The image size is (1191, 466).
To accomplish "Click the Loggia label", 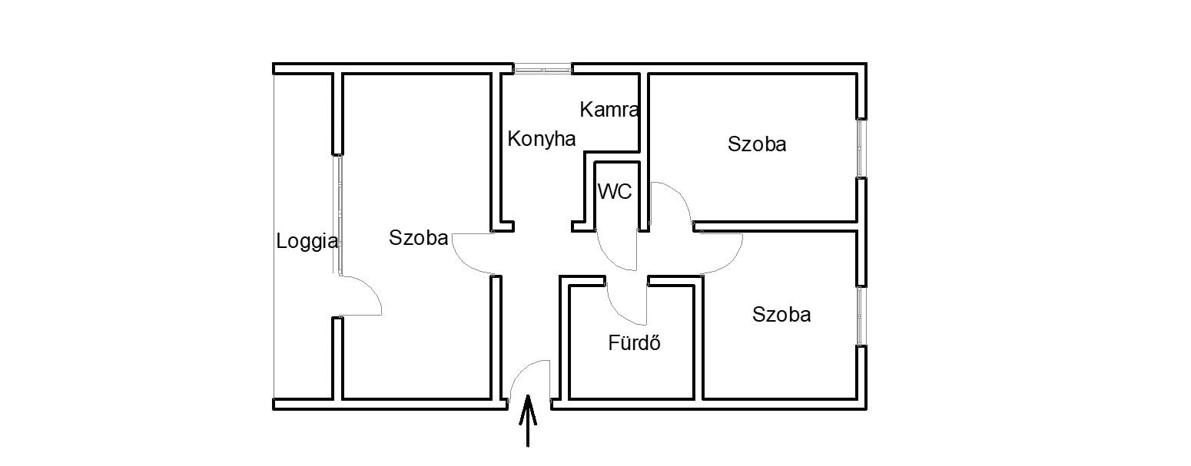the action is [307, 242].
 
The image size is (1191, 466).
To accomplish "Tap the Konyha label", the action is [541, 139].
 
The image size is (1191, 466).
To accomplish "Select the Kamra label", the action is [609, 110].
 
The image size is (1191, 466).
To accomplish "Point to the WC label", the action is [615, 191].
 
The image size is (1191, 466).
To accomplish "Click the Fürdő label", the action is [635, 342].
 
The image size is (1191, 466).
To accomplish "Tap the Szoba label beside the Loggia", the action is [419, 237].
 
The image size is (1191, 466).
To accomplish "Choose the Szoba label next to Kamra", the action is [757, 144].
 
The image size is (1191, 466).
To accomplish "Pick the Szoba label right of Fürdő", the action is [781, 315].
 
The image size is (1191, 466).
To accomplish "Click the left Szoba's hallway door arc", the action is [462, 262].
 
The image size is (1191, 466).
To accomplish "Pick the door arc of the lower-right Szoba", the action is [733, 262].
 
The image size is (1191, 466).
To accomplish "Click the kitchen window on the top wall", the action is [542, 68].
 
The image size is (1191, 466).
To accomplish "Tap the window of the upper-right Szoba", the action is [861, 147].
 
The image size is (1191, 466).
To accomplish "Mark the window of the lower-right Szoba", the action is [861, 316].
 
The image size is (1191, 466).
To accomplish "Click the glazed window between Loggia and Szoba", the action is [337, 215].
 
